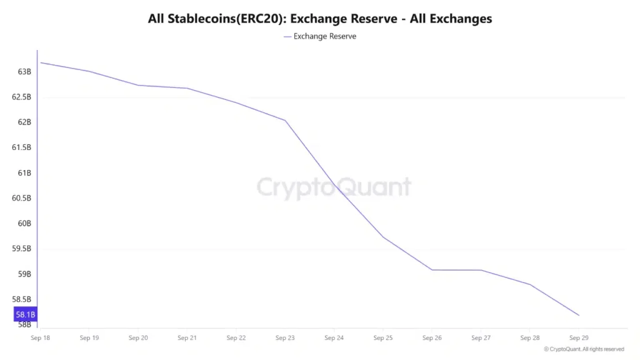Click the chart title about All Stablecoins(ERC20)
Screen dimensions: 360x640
point(320,19)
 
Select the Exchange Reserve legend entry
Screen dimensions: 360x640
point(320,36)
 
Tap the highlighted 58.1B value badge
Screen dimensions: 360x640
point(26,314)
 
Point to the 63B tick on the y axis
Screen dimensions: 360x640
point(24,72)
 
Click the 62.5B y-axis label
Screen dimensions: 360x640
point(21,97)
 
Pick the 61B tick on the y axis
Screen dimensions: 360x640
point(24,172)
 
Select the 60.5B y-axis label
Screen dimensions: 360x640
point(21,198)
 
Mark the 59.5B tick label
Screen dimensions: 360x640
point(21,249)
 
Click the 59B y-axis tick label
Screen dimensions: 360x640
point(24,274)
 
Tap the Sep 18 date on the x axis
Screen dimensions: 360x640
point(41,338)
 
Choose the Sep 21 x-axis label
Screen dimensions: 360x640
point(187,338)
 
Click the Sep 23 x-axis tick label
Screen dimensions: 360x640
point(285,338)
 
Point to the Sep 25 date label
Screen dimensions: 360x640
point(383,338)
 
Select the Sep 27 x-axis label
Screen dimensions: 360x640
point(481,338)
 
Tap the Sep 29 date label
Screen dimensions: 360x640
point(579,338)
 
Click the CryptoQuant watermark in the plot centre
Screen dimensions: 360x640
point(334,187)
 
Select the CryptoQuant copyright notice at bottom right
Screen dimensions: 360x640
point(584,349)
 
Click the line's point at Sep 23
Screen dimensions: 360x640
point(286,120)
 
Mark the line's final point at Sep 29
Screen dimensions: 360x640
point(579,316)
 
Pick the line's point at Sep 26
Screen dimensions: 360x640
point(432,270)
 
